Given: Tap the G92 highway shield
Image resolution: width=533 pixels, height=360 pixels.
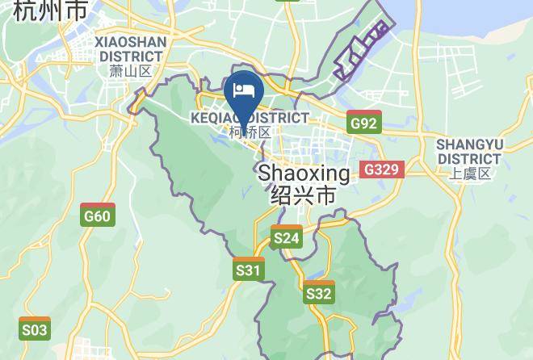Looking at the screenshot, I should (364, 122).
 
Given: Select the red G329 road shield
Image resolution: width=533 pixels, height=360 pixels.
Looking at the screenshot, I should (381, 170).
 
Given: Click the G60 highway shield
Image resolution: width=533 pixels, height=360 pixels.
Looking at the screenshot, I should (98, 216).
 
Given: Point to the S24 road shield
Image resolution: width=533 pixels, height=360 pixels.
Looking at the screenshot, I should (287, 237).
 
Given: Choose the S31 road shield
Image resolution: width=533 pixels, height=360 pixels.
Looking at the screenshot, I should (249, 269).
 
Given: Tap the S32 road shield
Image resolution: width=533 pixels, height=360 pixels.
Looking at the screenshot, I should (319, 293).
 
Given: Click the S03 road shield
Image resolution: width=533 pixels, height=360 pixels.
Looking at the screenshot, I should (35, 329).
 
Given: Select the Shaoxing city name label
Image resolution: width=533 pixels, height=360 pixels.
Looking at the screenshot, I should (304, 174).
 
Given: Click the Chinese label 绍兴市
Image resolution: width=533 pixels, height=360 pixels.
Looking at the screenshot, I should (304, 196).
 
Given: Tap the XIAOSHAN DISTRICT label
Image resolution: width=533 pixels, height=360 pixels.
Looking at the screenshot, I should (130, 48).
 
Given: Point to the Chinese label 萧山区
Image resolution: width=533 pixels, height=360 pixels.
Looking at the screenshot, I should (130, 71).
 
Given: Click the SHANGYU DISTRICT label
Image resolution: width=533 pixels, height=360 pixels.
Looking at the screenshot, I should (469, 151).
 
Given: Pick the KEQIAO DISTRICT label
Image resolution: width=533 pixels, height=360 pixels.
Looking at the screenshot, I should (250, 118).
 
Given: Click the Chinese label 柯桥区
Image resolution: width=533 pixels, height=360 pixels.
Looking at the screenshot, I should (250, 132).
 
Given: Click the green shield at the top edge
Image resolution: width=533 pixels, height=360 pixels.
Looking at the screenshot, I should (287, 2).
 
